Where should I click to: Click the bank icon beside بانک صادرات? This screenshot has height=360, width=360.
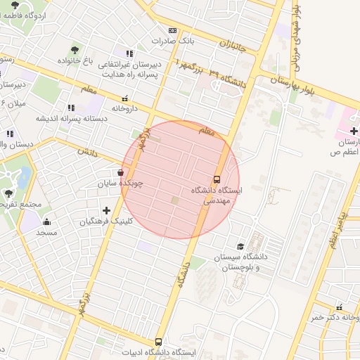[x=172, y=31]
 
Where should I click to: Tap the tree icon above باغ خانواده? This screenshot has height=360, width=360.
[x=75, y=50]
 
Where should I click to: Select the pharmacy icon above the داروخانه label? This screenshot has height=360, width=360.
[x=124, y=98]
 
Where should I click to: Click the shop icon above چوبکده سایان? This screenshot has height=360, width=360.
[x=122, y=172]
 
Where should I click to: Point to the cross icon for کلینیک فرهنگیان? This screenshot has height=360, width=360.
[x=106, y=210]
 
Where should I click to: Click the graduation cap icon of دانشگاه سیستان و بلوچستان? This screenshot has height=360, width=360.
[x=241, y=246]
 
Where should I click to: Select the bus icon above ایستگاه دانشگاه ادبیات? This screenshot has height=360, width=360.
[x=158, y=342]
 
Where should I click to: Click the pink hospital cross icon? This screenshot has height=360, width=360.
[x=354, y=131]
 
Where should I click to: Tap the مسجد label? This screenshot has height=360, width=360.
[x=46, y=232]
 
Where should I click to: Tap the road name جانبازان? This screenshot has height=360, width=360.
[x=234, y=46]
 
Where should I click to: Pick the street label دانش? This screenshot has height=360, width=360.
[x=87, y=151]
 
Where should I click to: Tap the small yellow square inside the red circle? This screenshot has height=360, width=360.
[x=174, y=202]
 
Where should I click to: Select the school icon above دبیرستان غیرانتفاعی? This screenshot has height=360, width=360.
[x=129, y=53]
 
